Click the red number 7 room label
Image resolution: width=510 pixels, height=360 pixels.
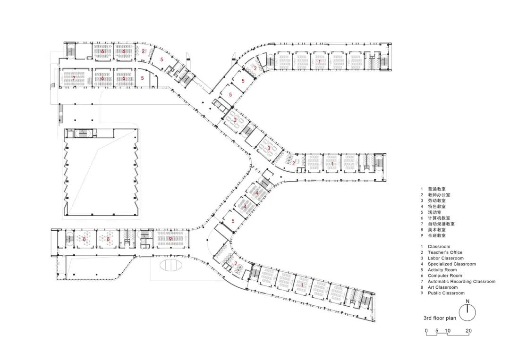pyautogui.click(x=74, y=78)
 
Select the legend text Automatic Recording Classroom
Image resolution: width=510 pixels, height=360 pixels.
pyautogui.click(x=461, y=281)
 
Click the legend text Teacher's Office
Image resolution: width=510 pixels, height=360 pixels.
pyautogui.click(x=445, y=252)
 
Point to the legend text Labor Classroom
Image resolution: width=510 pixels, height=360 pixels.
pyautogui.click(x=446, y=258)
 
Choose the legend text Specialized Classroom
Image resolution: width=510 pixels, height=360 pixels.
pyautogui.click(x=452, y=264)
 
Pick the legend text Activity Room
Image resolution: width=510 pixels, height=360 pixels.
pyautogui.click(x=442, y=270)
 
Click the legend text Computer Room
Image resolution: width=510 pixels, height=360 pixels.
pyautogui.click(x=445, y=276)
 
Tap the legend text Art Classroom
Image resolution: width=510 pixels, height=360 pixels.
pyautogui.click(x=442, y=287)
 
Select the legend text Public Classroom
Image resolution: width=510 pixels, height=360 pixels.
pyautogui.click(x=446, y=293)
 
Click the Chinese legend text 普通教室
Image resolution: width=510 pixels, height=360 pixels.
pyautogui.click(x=437, y=189)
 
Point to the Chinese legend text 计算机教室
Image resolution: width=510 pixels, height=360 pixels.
pyautogui.click(x=439, y=218)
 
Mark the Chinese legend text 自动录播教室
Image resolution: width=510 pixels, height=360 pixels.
pyautogui.click(x=442, y=224)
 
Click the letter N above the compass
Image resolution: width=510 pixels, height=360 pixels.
pyautogui.click(x=467, y=301)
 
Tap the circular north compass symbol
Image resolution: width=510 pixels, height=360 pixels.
pyautogui.click(x=467, y=313)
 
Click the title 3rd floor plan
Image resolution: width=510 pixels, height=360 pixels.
pyautogui.click(x=440, y=318)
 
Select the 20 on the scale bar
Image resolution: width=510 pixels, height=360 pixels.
pyautogui.click(x=468, y=331)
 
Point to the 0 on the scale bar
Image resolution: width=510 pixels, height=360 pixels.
pyautogui.click(x=426, y=331)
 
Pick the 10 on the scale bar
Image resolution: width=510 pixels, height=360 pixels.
pyautogui.click(x=448, y=331)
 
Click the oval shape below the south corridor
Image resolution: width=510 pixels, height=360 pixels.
pyautogui.click(x=171, y=265)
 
